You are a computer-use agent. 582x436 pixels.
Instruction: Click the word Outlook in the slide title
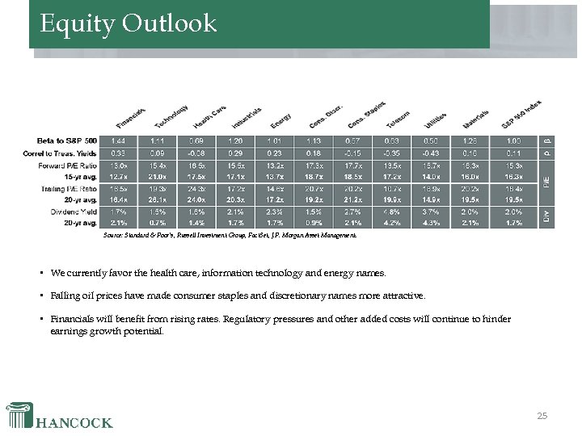pos(170,23)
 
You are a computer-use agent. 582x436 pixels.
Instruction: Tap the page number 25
pos(542,416)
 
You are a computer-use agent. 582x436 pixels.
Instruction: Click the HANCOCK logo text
pos(74,421)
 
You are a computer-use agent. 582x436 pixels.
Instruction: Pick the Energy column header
pos(280,120)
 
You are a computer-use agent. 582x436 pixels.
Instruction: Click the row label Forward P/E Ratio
pos(70,165)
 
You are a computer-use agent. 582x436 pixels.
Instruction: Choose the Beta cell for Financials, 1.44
pos(118,140)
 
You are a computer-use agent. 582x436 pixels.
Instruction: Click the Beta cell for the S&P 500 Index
pos(514,140)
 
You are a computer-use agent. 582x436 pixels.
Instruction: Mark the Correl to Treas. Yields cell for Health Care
pos(196,153)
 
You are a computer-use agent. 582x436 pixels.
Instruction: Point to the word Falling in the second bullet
pos(65,296)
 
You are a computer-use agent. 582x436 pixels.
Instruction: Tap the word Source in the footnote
pos(115,236)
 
